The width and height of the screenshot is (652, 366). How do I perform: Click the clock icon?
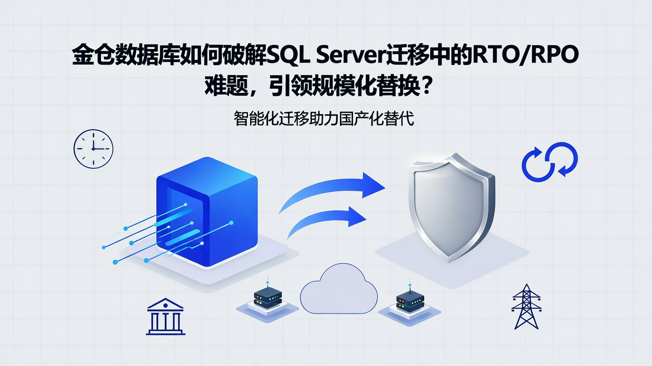[x=93, y=149]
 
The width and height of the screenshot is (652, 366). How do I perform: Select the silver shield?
[x=451, y=206]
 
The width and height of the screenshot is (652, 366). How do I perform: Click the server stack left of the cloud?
[x=268, y=298]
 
